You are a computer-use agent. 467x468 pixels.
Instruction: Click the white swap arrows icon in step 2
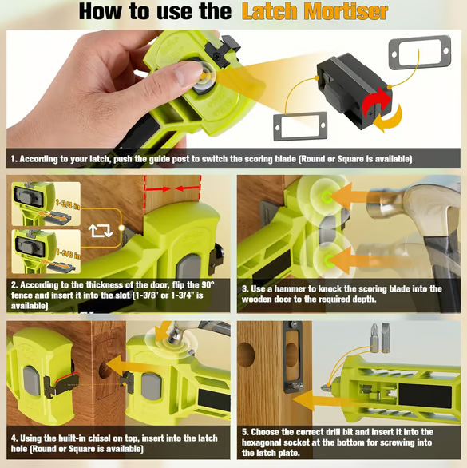coord(101,231)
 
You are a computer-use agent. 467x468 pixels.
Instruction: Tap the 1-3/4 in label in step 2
coord(66,206)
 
